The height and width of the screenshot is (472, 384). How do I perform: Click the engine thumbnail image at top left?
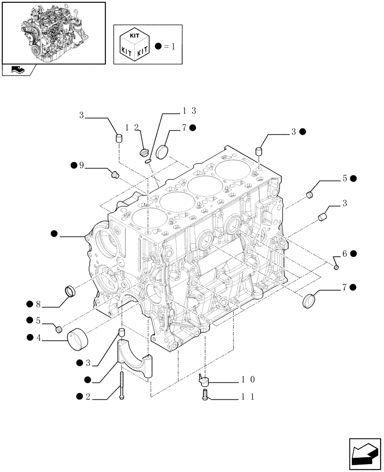point(53,33)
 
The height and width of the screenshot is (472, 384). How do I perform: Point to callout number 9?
point(81,165)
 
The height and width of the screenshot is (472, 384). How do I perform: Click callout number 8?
point(38,304)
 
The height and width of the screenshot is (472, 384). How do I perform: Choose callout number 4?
point(38,337)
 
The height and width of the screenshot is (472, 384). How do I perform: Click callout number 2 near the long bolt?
point(87,397)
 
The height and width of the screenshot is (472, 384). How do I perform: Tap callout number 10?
point(248,379)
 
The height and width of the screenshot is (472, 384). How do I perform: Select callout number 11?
point(248,397)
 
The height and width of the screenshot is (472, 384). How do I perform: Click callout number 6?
point(345,254)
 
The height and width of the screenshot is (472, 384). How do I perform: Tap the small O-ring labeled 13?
point(148,161)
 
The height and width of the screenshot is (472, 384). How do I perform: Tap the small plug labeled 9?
point(114,175)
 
